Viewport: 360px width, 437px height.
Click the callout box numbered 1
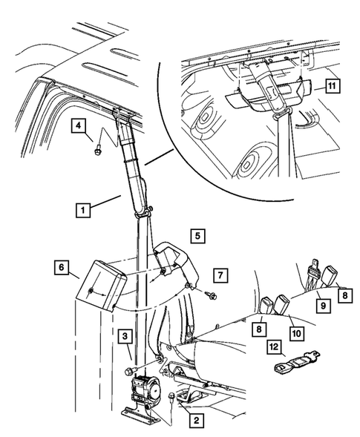[x=83, y=210]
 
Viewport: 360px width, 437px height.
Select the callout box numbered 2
[x=197, y=420]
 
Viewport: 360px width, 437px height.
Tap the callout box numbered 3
[x=125, y=336]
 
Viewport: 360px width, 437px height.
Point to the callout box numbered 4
[x=79, y=125]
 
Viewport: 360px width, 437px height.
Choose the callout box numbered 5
[x=197, y=236]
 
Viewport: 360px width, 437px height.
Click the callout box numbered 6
[x=62, y=267]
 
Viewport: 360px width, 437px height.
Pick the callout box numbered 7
[x=220, y=275]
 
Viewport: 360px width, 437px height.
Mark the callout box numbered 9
[x=323, y=306]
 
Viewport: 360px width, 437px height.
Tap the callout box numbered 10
[x=296, y=333]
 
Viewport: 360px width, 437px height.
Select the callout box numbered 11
[x=332, y=85]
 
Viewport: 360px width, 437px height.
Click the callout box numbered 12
[x=274, y=347]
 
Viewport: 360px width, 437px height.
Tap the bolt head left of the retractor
[x=130, y=371]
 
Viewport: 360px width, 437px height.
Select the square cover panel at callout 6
[x=101, y=285]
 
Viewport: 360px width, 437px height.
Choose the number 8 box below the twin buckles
[x=259, y=329]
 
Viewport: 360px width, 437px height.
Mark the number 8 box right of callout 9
[x=345, y=295]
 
